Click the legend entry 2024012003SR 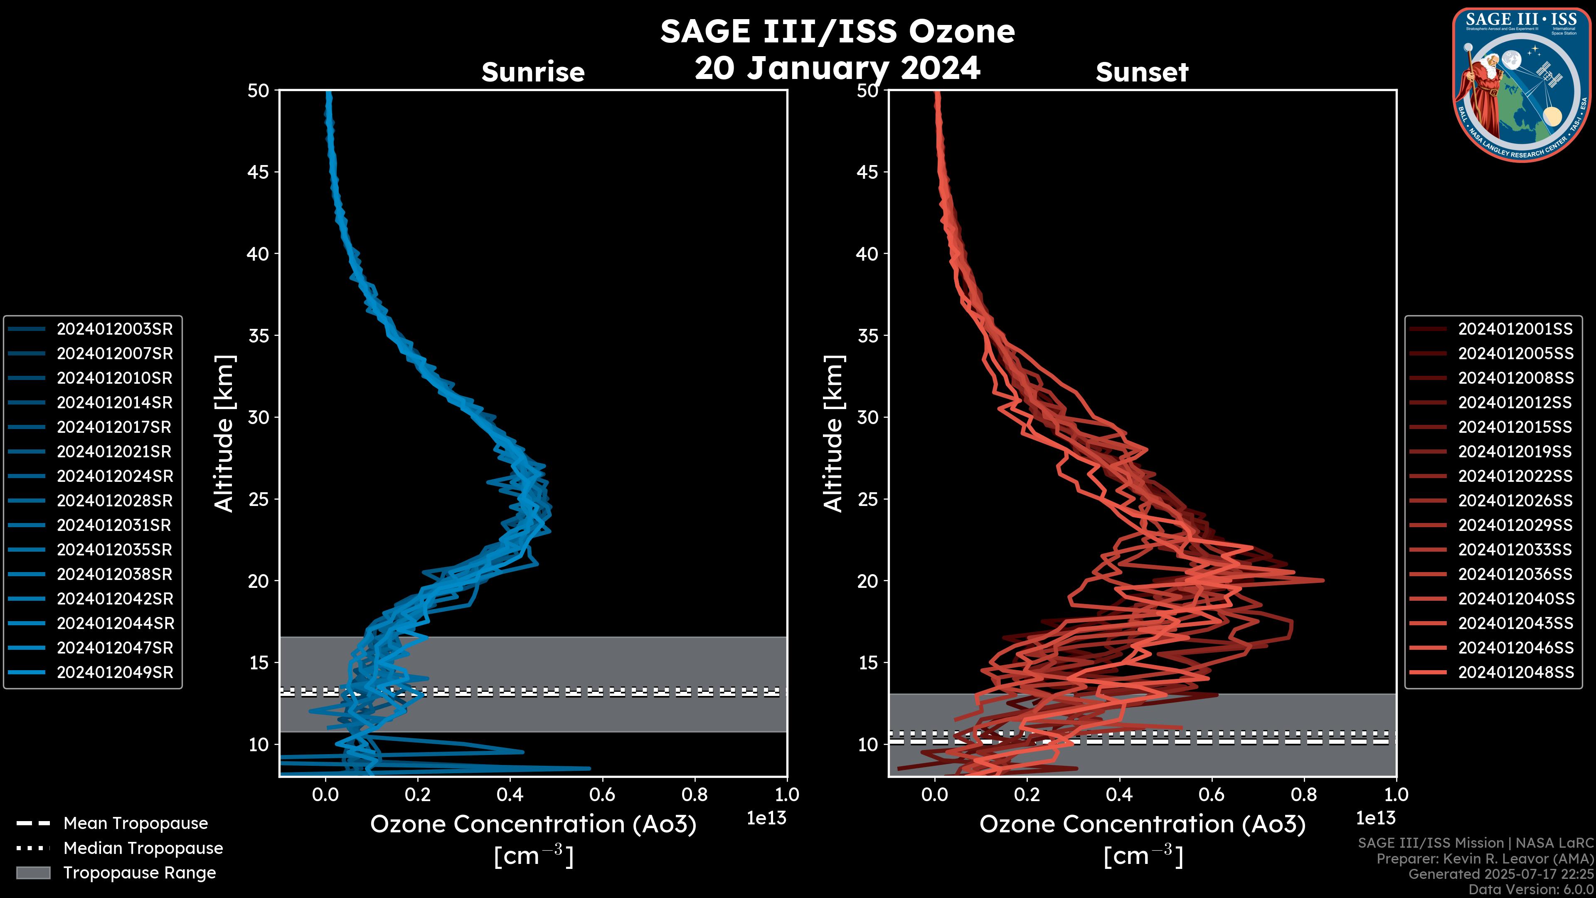115,329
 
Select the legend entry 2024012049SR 115,672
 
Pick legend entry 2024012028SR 115,501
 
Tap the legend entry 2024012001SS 1515,329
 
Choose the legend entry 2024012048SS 1515,672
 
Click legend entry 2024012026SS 1515,501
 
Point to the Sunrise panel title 533,72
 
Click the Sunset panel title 1142,72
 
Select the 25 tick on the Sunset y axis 868,499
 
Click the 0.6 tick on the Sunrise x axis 602,794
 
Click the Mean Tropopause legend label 135,824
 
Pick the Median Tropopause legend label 143,849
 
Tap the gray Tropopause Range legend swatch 33,873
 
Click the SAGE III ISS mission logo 1522,84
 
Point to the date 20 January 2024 837,68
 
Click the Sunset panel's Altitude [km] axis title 833,434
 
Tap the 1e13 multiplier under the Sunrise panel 766,818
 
